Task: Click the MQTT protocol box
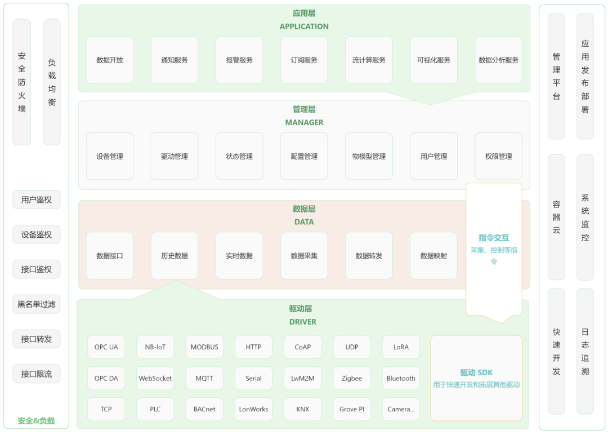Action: coord(204,379)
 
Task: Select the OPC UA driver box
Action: coord(106,347)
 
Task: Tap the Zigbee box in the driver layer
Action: coord(352,379)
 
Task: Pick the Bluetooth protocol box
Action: coord(401,379)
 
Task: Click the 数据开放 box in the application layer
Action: coord(110,60)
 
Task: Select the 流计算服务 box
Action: coord(369,60)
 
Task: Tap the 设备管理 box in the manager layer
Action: coord(110,157)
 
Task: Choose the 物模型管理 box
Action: coord(369,157)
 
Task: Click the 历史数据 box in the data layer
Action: coord(175,256)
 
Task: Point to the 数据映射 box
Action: coord(433,256)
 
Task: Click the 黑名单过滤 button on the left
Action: coord(37,304)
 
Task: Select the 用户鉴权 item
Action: coord(37,199)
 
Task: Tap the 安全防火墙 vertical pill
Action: coord(22,82)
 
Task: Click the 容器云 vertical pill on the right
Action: coord(556,217)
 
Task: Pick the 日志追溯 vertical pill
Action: coord(585,352)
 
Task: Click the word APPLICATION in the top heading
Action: coord(304,26)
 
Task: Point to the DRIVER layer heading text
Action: coord(303,322)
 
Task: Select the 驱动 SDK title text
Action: coord(476,372)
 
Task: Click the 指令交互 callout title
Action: coord(494,238)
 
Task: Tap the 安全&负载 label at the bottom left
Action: coord(37,421)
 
